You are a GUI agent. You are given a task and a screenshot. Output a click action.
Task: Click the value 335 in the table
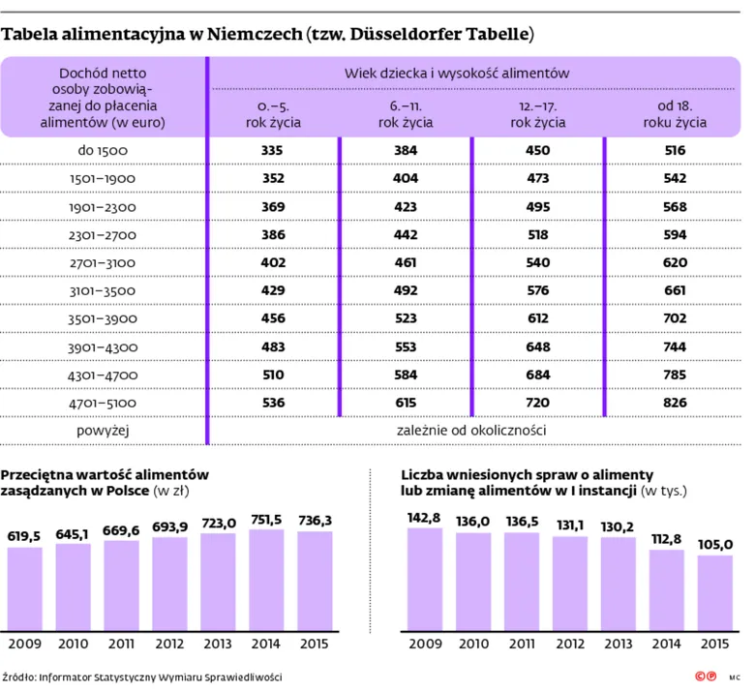click(x=272, y=150)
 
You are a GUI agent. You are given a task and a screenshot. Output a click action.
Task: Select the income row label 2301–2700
click(x=103, y=235)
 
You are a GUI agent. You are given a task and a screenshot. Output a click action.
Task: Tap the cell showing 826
click(x=675, y=403)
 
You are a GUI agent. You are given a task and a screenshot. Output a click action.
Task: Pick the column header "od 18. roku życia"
click(x=675, y=114)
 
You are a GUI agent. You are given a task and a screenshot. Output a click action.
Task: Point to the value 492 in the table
click(x=406, y=290)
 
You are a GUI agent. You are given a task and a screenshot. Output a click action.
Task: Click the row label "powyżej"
click(x=103, y=431)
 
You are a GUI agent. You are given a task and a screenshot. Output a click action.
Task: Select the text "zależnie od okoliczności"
click(x=471, y=430)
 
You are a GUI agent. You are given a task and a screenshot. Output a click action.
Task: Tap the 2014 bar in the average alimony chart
click(x=266, y=581)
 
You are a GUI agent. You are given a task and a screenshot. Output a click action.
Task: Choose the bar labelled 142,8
click(x=425, y=580)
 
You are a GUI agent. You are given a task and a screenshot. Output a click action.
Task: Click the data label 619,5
click(x=23, y=536)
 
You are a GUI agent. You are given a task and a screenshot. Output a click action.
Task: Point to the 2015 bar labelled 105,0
click(x=715, y=593)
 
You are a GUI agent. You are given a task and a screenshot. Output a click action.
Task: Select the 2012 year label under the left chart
click(x=169, y=644)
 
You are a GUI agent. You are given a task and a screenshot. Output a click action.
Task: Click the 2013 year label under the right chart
click(x=619, y=644)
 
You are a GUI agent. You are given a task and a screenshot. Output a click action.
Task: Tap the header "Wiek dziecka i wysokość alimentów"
click(x=457, y=74)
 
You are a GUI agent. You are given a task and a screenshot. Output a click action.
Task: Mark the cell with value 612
click(x=538, y=318)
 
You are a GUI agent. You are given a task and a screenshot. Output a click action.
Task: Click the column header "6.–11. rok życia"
click(x=406, y=114)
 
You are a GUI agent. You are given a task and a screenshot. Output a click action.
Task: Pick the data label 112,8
click(x=666, y=539)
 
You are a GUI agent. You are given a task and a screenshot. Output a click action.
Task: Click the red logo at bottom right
click(x=706, y=676)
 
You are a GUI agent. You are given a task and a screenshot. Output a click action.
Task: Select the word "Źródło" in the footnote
click(x=18, y=677)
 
